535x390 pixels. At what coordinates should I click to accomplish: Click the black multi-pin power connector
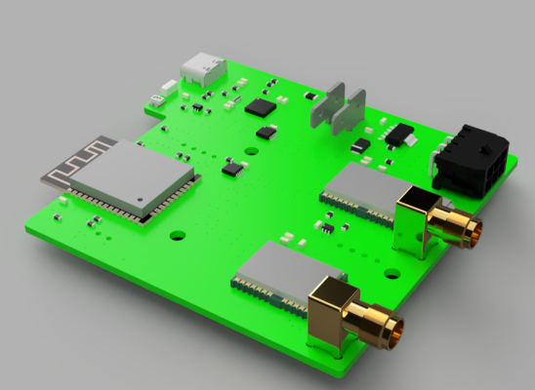(x=472, y=156)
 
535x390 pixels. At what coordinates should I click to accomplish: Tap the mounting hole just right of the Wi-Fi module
(x=177, y=235)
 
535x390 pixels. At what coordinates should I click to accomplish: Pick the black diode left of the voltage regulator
(x=359, y=145)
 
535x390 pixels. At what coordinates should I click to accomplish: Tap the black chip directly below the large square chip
(x=265, y=132)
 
